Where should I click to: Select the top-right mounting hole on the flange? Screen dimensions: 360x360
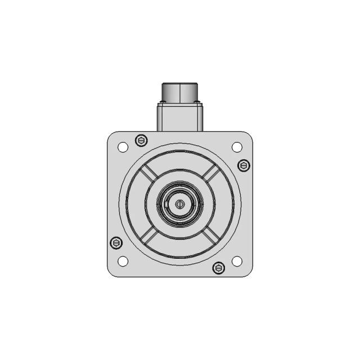237,147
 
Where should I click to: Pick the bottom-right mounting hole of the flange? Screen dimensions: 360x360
237,261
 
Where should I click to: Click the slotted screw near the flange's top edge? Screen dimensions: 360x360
141,140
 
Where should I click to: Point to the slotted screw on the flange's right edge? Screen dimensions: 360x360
243,165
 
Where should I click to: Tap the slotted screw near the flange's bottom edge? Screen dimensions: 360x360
218,268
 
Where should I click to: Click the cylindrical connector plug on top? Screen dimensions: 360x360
179,93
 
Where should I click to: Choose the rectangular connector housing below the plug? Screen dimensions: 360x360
179,117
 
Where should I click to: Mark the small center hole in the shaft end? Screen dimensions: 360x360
179,204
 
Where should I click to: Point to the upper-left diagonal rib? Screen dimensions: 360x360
149,174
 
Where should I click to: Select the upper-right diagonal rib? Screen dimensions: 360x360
210,174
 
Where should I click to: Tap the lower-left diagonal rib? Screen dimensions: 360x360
149,235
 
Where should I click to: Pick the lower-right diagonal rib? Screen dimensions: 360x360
210,235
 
